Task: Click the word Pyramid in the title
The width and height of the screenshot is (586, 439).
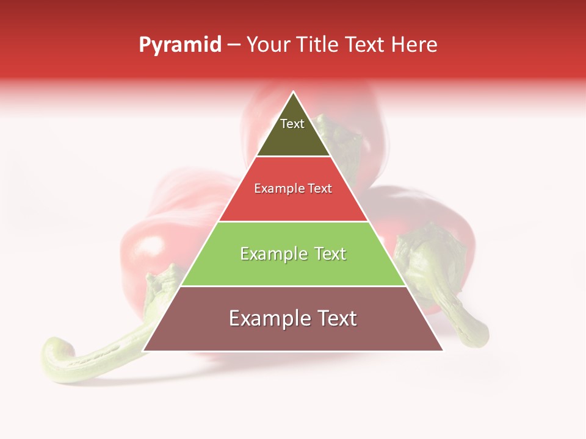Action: (x=180, y=45)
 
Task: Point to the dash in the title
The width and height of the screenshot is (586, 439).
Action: (x=234, y=45)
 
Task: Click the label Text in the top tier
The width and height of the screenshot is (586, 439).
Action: (x=292, y=124)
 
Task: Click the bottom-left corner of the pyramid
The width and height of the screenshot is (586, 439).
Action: (x=143, y=351)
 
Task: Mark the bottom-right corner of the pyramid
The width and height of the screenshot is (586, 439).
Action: (x=443, y=351)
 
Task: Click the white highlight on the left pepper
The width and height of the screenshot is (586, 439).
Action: (x=148, y=247)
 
